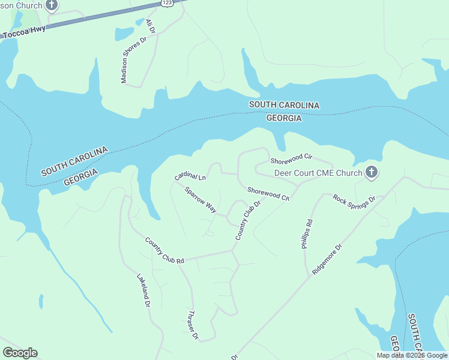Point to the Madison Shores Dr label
(x=134, y=60)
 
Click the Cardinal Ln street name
(x=190, y=177)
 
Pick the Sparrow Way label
(x=200, y=200)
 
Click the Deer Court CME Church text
(x=318, y=173)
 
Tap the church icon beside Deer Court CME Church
(x=372, y=173)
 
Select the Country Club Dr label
(x=247, y=221)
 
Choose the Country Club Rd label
(x=164, y=251)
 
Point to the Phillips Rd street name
(x=307, y=234)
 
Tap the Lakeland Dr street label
(x=143, y=291)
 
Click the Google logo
(x=20, y=353)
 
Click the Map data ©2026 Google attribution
(x=412, y=355)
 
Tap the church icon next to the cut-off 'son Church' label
(x=52, y=6)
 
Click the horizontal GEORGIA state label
(x=284, y=118)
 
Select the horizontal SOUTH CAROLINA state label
(x=284, y=105)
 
